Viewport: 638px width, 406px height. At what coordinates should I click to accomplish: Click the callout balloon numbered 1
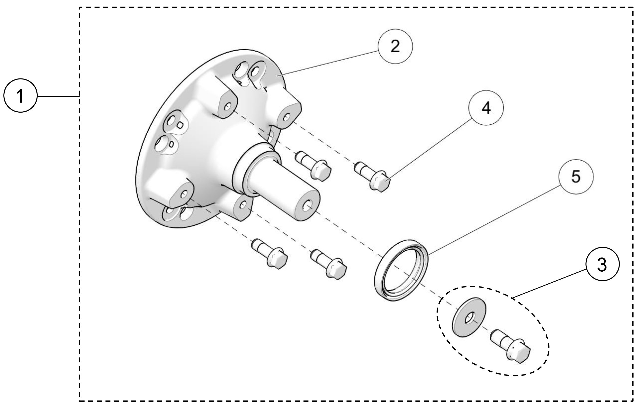pos(20,95)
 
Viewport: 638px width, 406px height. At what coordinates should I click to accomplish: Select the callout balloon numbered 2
pos(395,46)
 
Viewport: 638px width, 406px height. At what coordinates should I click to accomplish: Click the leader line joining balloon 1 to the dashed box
pos(58,96)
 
